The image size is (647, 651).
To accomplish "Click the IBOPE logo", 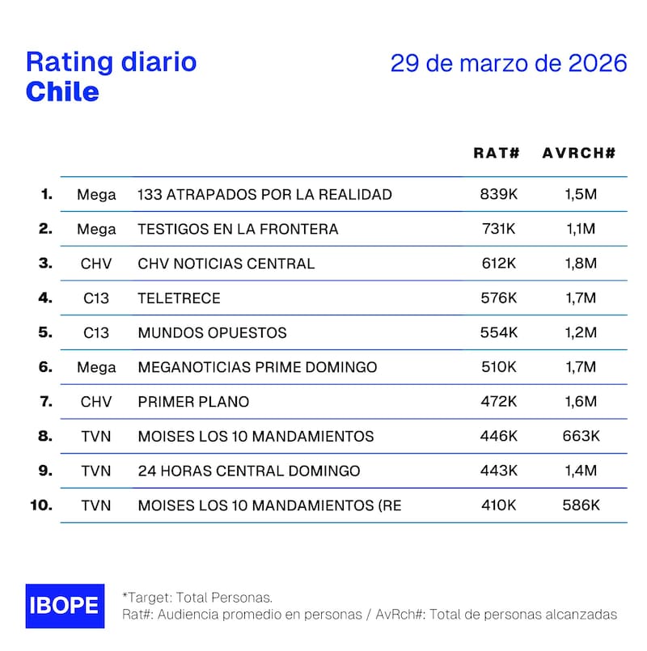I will (x=65, y=605).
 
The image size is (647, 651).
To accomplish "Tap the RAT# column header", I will (x=496, y=153).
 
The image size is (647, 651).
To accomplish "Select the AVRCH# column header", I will (x=579, y=153).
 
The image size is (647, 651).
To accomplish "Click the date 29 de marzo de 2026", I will (x=509, y=63).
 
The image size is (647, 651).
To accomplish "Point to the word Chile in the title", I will (x=62, y=91).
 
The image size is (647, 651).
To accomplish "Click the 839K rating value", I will (x=497, y=194).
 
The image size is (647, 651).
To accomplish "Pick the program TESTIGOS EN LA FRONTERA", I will (x=238, y=229).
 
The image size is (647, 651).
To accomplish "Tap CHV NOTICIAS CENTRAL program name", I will (x=226, y=264).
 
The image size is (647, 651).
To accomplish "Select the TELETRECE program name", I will (x=179, y=298).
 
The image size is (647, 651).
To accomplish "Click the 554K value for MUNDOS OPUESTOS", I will (x=497, y=332).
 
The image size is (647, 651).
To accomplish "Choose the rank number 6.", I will (x=45, y=367).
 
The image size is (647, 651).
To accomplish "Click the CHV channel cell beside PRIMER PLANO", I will (x=96, y=402).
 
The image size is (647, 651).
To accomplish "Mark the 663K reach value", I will (x=581, y=436).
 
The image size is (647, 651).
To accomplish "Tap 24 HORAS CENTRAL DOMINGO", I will (x=249, y=471).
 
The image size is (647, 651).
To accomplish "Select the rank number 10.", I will (x=41, y=505).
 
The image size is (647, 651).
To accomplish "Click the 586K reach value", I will (x=581, y=505).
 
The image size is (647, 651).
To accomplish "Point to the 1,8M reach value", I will (x=580, y=264).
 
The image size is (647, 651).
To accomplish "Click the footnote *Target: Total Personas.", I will (x=197, y=597).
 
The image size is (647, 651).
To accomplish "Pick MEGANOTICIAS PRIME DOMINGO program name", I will (x=257, y=367).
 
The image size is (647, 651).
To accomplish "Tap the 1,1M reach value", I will (x=580, y=229).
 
